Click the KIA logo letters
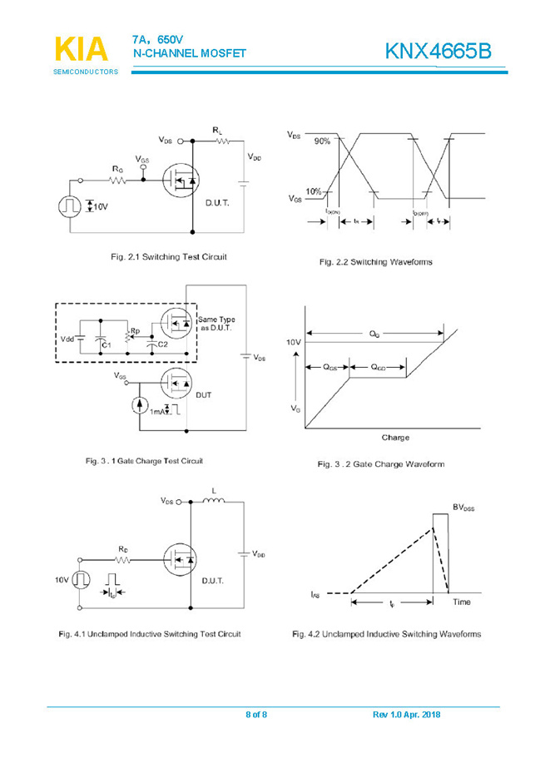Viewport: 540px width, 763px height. coord(81,49)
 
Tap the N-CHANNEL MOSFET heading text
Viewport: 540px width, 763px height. coord(189,54)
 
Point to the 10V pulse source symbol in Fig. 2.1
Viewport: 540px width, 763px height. coord(67,206)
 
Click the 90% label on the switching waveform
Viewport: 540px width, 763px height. coord(322,141)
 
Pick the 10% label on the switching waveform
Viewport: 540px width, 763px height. coord(314,191)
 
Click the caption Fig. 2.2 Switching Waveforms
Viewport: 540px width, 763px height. coord(376,262)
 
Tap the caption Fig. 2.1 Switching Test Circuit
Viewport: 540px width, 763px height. coord(169,256)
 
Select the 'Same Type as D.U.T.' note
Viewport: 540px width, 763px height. coord(217,324)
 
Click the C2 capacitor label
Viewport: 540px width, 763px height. coord(163,344)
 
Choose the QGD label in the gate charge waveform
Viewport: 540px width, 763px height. coord(378,367)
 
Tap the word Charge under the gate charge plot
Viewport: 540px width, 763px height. coord(395,438)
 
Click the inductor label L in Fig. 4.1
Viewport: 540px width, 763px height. coord(214,491)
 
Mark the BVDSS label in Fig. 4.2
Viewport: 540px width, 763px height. coord(464,507)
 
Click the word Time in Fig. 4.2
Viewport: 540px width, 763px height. coord(462,602)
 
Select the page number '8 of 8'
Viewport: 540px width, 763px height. coord(256,716)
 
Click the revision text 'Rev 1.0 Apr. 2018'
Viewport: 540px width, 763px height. coord(406,716)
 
